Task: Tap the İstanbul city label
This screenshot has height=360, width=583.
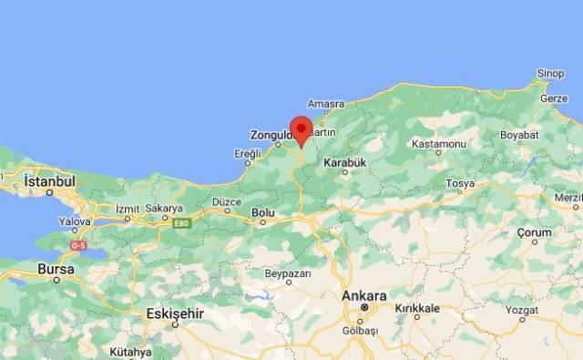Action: pos(49,182)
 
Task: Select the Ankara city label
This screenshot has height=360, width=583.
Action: pos(364,296)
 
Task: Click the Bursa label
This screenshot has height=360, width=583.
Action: pos(56,270)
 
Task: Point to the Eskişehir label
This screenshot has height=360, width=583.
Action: pos(174,314)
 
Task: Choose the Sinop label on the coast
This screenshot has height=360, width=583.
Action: pos(550,74)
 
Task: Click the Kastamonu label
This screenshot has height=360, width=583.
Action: pos(439,144)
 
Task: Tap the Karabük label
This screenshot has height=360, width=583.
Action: pos(343,162)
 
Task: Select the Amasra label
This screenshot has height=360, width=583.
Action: pos(325,104)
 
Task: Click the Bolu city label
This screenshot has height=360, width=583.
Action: pos(262,213)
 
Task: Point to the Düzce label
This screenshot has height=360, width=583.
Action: pos(226,201)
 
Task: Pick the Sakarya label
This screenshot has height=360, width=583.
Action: pos(164,208)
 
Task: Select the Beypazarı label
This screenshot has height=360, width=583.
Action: pos(288,273)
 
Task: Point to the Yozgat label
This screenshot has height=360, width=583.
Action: pos(547,310)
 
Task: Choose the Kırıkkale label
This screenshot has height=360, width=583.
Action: pos(417,309)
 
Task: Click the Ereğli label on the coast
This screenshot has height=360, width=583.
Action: pos(247,154)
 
